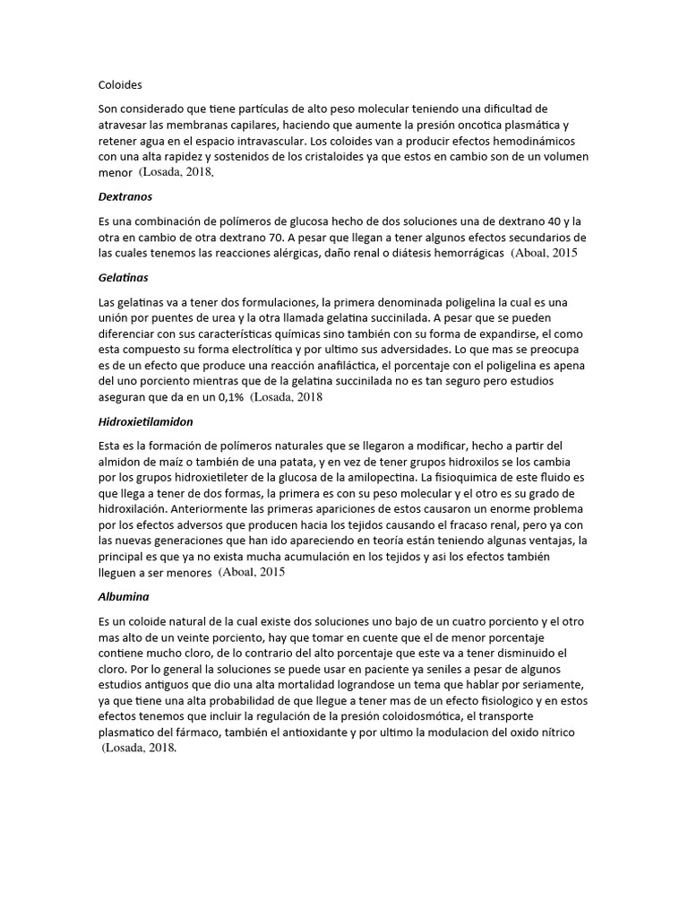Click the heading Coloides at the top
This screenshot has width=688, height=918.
[120, 86]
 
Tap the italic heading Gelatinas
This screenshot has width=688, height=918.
[124, 279]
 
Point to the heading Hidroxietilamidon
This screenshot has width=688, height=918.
[145, 420]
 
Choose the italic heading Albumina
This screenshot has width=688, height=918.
[124, 595]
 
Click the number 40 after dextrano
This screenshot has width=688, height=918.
[547, 221]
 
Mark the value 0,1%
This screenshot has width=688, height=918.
[224, 397]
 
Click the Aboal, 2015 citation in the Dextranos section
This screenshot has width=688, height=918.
[546, 254]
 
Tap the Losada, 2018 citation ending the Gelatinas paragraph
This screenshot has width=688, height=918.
[287, 398]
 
